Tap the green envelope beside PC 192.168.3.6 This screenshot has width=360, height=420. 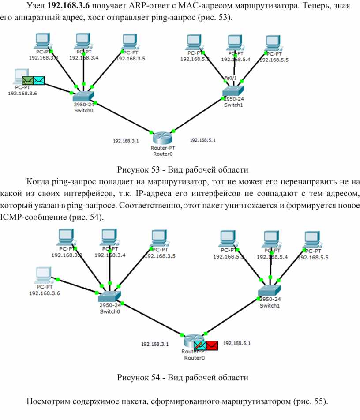click(28, 80)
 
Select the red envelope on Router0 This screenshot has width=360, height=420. click(212, 345)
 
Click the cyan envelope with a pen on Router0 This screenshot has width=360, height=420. click(199, 345)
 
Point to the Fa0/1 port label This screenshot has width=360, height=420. click(231, 78)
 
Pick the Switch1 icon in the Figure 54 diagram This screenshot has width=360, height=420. click(269, 290)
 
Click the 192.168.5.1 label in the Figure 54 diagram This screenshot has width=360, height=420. click(238, 343)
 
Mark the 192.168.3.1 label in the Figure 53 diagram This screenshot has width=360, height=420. click(126, 141)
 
